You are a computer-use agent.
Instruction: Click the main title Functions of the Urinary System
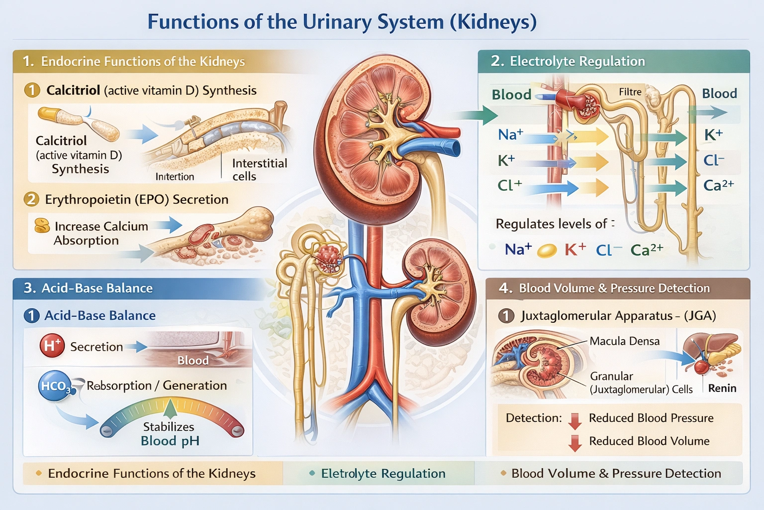tap(342, 22)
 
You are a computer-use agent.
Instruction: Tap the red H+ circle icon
tap(52, 346)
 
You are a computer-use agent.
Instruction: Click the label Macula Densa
tap(624, 341)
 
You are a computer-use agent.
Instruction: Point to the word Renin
tap(722, 388)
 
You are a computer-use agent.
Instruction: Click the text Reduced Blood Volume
tap(649, 441)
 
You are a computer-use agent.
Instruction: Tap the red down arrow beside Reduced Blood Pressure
tap(575, 420)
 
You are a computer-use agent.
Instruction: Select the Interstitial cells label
tap(259, 170)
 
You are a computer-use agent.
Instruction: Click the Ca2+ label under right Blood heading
tap(718, 185)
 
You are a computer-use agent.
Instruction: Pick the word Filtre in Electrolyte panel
tap(630, 92)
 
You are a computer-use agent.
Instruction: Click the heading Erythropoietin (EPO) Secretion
tap(136, 199)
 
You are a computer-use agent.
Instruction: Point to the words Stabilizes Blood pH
tap(169, 434)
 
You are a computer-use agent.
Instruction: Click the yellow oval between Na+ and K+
tap(547, 250)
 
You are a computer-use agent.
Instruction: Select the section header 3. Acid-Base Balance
tap(88, 288)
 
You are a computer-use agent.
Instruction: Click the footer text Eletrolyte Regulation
tap(382, 473)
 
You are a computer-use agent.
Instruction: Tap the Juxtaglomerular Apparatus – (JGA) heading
tap(618, 316)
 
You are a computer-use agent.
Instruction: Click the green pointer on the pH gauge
tap(170, 408)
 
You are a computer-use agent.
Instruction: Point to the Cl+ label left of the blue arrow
tap(509, 185)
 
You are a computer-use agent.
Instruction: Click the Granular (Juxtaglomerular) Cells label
tap(641, 382)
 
